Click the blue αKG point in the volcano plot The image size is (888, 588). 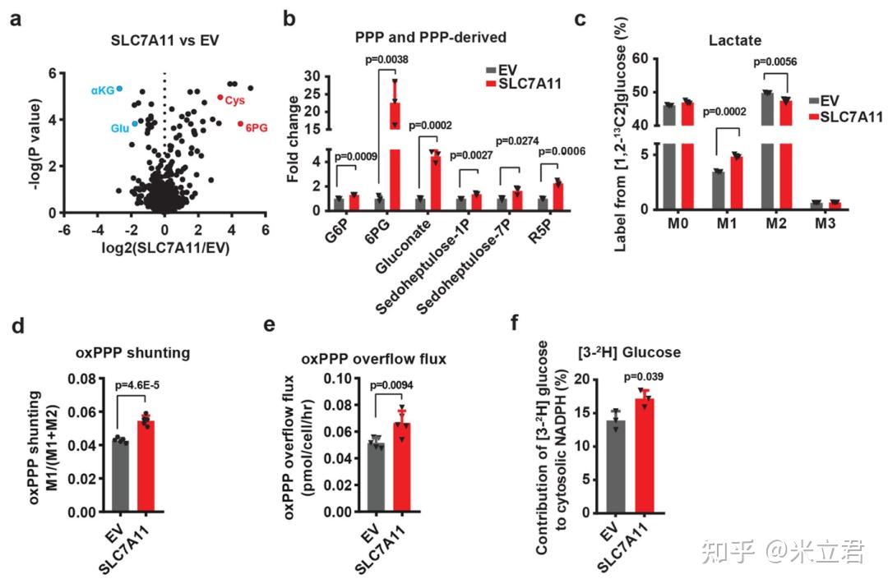(x=119, y=89)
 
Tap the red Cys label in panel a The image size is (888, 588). (x=236, y=100)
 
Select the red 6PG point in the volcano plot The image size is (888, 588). (x=241, y=124)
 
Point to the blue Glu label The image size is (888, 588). (x=120, y=128)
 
